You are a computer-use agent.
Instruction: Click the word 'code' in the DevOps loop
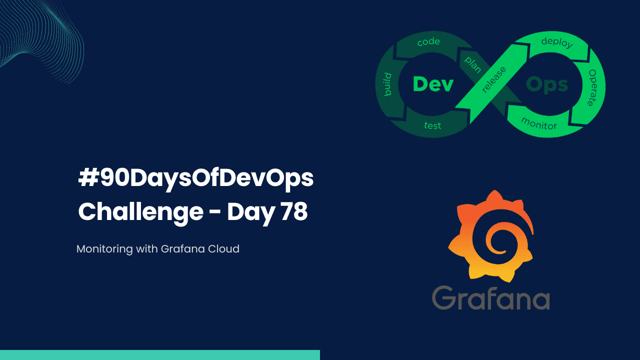coord(428,42)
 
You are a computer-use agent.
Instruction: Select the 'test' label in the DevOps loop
coord(432,125)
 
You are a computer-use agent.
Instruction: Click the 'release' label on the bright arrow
coord(493,79)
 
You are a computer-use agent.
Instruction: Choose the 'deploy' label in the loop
coord(556,42)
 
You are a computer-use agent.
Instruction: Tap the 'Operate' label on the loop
coord(592,87)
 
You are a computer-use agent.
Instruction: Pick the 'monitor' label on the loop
coord(538,123)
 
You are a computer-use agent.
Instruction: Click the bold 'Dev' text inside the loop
coord(433,84)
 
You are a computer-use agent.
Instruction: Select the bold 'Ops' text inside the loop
coord(547,84)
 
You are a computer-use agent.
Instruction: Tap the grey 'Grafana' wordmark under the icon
coord(491,298)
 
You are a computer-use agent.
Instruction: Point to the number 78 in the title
coord(293,212)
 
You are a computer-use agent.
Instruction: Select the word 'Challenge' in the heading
coord(140,213)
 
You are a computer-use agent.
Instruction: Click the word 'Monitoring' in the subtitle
coord(105,248)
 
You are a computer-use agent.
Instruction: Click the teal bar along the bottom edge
coord(160,355)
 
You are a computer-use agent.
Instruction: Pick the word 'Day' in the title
coord(250,213)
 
